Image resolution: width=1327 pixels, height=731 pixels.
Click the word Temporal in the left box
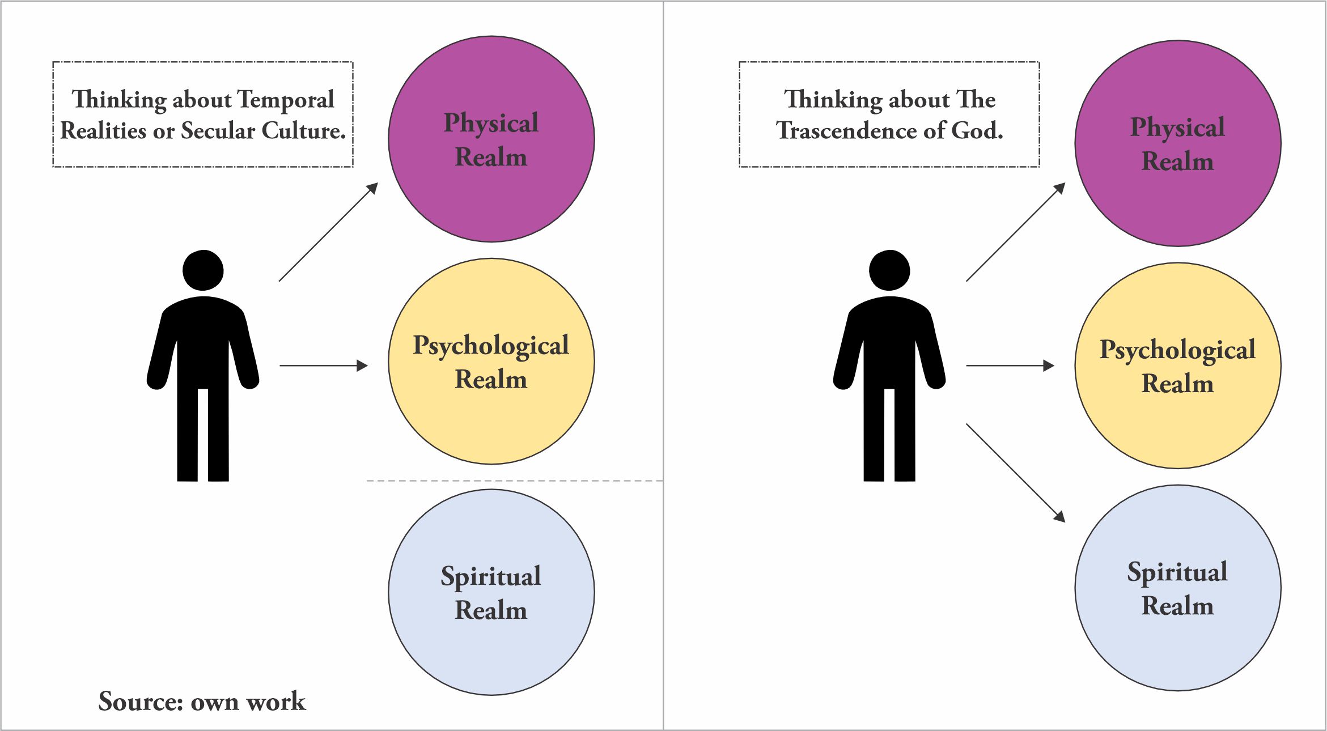coord(285,100)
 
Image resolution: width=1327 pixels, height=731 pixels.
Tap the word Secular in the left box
coord(218,131)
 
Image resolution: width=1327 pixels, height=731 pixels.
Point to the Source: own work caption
coord(202,702)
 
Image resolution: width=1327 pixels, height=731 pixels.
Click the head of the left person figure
coord(203,270)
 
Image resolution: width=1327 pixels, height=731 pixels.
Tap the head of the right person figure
coord(889,270)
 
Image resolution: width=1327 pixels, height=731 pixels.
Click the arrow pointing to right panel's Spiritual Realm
coord(1015,472)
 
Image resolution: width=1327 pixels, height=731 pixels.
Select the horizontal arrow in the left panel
coord(323,365)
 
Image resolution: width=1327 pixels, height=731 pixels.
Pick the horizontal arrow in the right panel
coord(1010,365)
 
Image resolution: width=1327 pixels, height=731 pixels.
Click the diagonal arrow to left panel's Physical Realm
coord(328,232)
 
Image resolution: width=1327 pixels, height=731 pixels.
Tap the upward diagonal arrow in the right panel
coord(1015,232)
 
